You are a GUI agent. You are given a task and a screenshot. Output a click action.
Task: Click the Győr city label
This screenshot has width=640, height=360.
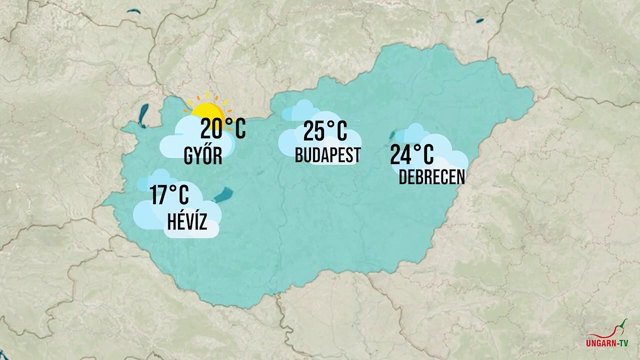coord(203,156)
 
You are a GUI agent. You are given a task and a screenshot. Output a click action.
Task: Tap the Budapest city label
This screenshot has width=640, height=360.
coord(327,155)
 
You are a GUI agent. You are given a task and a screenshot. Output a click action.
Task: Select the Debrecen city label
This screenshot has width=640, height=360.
coord(432,177)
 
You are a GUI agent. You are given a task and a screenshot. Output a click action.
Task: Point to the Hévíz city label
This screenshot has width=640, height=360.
coord(187,222)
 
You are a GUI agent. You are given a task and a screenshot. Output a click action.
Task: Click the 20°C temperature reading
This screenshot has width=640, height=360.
coord(223,129)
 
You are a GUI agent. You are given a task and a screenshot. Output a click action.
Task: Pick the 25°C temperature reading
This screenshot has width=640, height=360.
coord(325,131)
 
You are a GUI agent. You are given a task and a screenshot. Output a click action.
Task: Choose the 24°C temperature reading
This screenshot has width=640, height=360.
coord(411,154)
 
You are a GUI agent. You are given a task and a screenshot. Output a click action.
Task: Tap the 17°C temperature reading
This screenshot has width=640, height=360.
coord(169,194)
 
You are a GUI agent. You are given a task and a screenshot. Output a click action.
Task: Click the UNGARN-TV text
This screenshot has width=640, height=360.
coord(607,343)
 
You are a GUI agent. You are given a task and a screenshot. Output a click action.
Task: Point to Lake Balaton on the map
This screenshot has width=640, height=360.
coord(223,194)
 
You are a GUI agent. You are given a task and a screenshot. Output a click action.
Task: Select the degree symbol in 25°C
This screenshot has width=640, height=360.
coord(330,123)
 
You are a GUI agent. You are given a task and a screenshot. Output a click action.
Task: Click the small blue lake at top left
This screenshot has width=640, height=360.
coord(133,11)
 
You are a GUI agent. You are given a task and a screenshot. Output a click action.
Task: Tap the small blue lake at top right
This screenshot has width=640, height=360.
coord(480,21)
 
